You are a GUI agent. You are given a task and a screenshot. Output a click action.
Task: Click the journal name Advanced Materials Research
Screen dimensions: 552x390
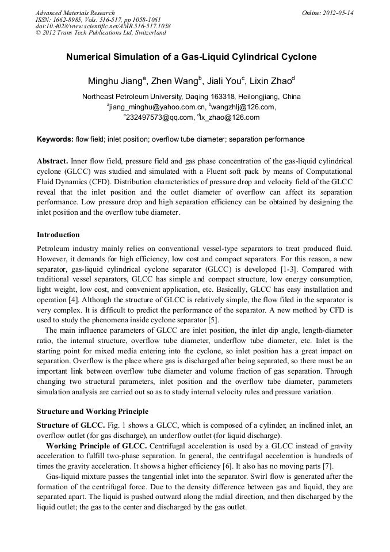(75, 13)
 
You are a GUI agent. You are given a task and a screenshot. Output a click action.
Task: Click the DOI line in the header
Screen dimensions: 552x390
(103, 26)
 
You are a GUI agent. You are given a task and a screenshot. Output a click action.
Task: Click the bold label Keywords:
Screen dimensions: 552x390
(55, 139)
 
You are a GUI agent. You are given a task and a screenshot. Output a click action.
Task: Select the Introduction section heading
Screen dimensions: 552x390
(58, 235)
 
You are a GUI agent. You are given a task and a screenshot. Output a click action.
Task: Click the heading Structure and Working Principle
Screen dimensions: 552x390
(92, 412)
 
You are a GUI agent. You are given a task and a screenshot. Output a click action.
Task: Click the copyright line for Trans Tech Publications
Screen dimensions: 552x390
(101, 33)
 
